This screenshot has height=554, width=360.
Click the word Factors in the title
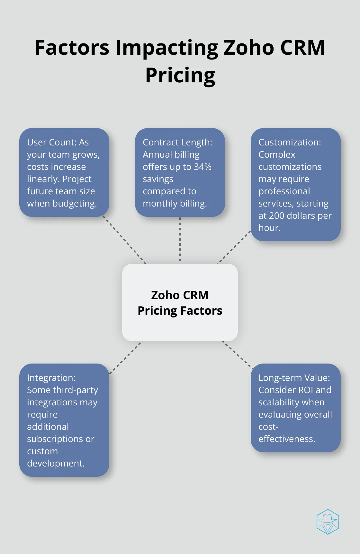click(72, 48)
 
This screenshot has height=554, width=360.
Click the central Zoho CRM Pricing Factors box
click(180, 302)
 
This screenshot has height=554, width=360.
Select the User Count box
click(64, 172)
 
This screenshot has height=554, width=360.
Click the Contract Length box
click(180, 172)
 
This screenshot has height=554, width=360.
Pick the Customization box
click(296, 185)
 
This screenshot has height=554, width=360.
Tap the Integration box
click(64, 420)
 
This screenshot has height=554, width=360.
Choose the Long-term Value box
click(296, 408)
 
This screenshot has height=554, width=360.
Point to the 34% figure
click(203, 167)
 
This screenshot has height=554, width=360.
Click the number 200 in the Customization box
click(276, 216)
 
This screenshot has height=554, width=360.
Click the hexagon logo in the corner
click(328, 522)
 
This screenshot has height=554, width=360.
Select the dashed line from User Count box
click(124, 240)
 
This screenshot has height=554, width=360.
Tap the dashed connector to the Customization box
click(235, 247)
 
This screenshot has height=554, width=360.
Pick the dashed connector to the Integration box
click(126, 357)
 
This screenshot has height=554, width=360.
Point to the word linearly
click(44, 179)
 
